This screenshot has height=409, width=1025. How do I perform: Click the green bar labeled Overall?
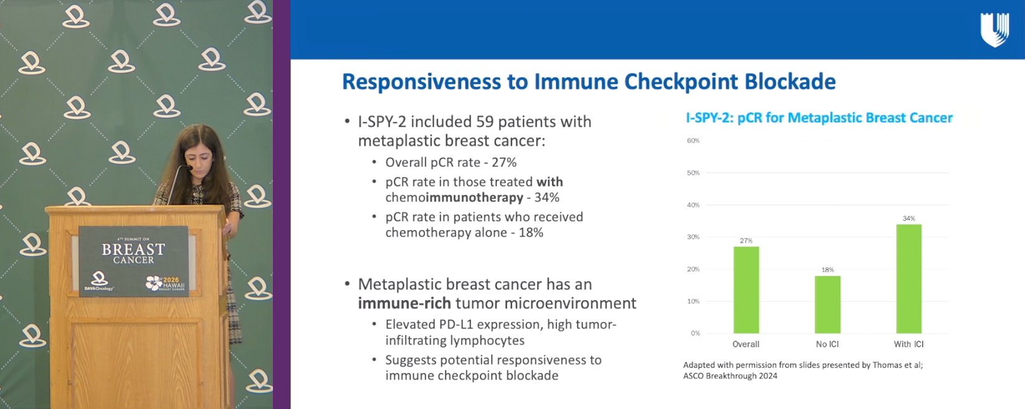point(746,290)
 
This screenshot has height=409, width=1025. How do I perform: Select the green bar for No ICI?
point(827,305)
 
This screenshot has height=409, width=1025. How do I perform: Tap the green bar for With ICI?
point(908,279)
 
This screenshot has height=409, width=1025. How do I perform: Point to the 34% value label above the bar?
point(908,218)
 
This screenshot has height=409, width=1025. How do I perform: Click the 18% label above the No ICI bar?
point(827,270)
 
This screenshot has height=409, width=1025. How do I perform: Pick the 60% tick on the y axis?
point(693,141)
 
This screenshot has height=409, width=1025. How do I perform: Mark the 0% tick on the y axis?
point(695,334)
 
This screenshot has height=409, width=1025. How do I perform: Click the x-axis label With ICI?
point(908,344)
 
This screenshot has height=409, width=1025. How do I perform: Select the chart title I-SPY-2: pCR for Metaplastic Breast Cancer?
point(819,118)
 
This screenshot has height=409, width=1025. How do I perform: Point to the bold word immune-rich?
point(404,303)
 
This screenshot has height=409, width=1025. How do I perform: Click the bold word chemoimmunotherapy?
point(454,198)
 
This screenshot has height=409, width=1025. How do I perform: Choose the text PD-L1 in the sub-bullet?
point(458,324)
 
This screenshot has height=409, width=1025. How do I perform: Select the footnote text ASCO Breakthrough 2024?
point(730,376)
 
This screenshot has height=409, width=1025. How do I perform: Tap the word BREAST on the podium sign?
point(133,249)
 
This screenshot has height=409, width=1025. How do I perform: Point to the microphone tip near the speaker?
point(188,168)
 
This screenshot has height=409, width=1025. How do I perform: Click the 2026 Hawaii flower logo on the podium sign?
point(154,282)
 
